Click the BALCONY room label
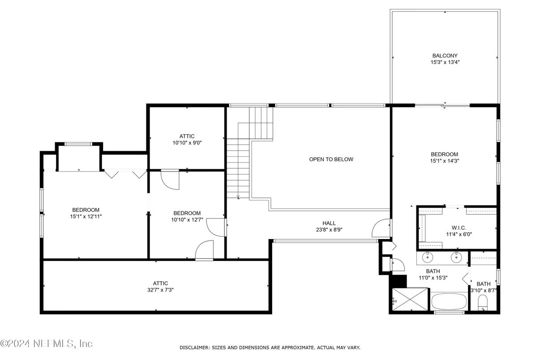click(445, 56)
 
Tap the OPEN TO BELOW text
click(331, 159)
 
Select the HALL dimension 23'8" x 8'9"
click(329, 229)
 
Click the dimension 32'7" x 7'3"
click(160, 290)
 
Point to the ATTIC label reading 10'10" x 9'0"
click(187, 139)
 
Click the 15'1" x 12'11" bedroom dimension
click(86, 216)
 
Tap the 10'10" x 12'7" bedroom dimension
click(187, 219)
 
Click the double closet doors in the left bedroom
click(126, 174)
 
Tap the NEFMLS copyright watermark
click(47, 343)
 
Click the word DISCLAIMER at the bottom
click(195, 347)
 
